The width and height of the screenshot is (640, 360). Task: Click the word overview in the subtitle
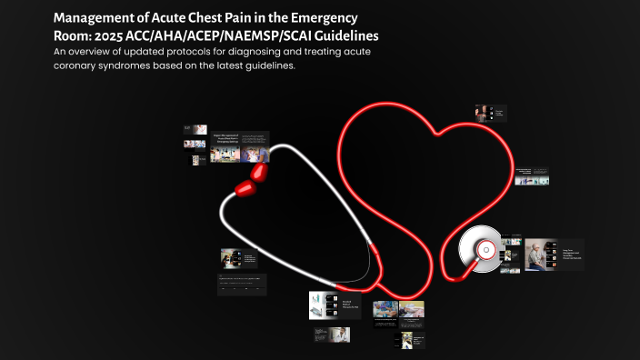click(102, 52)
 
